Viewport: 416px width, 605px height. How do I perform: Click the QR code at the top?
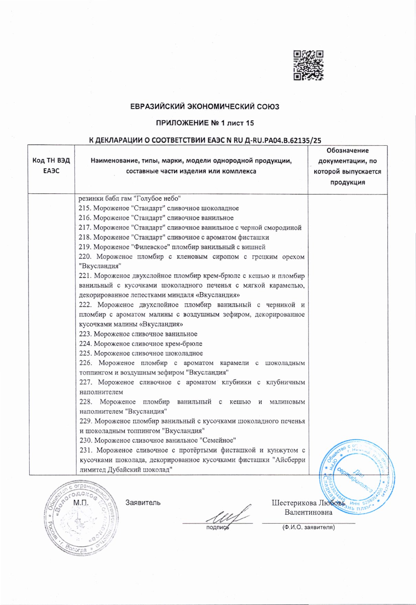308,65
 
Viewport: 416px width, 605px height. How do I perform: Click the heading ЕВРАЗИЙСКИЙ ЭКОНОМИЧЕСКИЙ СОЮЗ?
205,106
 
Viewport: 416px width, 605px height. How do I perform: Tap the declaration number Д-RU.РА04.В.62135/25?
274,140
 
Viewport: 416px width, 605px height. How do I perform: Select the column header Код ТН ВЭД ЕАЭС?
51,166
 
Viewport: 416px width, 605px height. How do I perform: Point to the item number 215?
85,208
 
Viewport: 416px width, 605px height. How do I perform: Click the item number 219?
85,247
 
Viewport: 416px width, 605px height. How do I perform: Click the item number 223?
85,334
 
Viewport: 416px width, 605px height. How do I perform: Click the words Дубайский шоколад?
141,470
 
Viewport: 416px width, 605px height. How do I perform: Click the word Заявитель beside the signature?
143,503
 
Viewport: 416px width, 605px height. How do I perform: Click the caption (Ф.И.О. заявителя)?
308,527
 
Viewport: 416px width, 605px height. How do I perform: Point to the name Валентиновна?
308,512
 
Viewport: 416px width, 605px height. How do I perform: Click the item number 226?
86,363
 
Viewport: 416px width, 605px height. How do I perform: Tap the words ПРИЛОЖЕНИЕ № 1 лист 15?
205,123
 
